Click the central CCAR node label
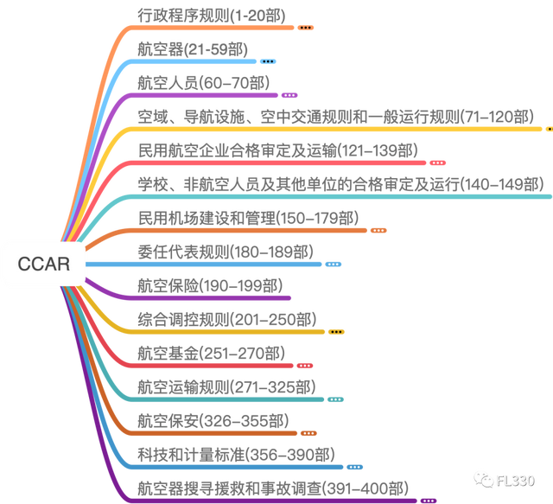coord(44,264)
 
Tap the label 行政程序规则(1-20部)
coord(212,16)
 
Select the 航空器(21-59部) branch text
coord(193,49)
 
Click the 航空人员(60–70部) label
coord(204,83)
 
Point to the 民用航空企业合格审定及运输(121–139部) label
coord(278,150)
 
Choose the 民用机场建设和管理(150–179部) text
coord(248,218)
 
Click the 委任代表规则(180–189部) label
coord(226,252)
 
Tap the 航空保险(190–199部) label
coord(210,286)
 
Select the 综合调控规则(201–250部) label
coord(227,320)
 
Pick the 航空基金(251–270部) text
coord(211,354)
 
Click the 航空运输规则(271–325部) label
coord(226,387)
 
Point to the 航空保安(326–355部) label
coord(213,421)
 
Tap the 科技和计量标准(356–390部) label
coord(236,455)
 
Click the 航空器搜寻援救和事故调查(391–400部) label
coord(273,488)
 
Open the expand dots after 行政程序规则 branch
coord(305,28)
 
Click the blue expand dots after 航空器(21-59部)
coord(268,61)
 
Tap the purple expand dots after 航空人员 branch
coord(289,95)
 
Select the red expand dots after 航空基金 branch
coord(305,366)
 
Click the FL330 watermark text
coord(516,481)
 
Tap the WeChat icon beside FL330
coord(484,480)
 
